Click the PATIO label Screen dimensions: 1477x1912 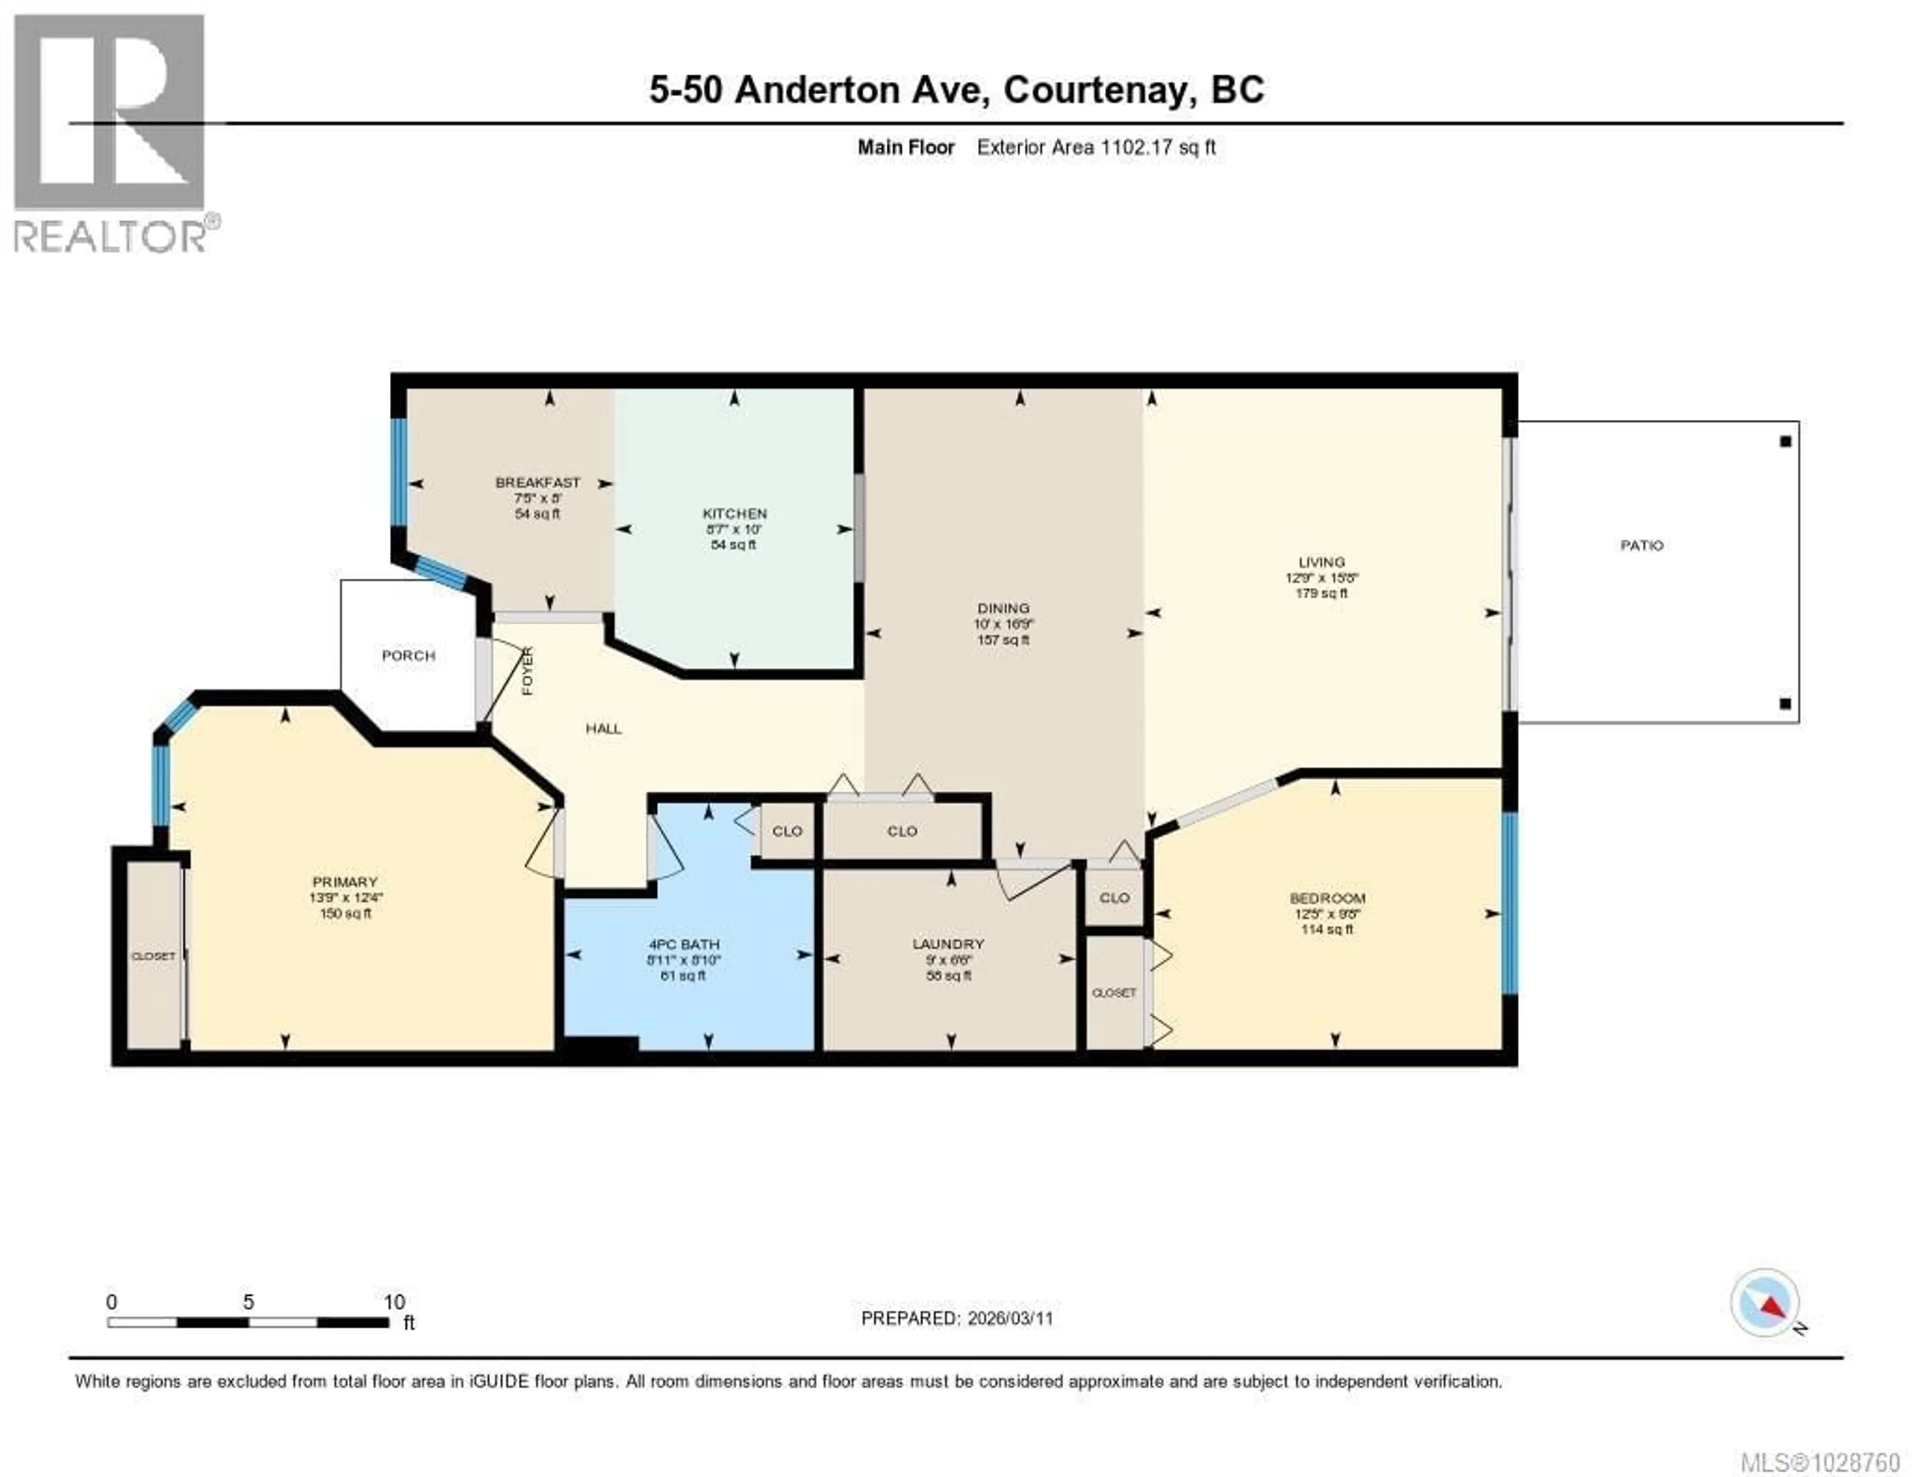pos(1641,545)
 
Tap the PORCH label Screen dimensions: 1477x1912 pos(408,656)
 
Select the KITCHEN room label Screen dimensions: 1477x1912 pos(734,514)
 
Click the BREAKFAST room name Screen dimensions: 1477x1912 pos(538,483)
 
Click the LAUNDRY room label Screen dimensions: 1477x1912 pos(948,944)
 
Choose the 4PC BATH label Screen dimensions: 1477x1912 pos(684,945)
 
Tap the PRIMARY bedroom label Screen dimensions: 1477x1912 pos(345,881)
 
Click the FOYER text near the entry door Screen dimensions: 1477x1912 pos(527,672)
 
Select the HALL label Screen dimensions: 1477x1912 pos(603,729)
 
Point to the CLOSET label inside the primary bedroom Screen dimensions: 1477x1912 pos(153,956)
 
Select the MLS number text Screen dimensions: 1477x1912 pos(1819,1462)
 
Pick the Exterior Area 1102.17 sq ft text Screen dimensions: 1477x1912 pos(1096,147)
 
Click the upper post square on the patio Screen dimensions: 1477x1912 pos(1785,442)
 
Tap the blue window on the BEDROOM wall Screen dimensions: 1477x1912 pos(1509,903)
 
